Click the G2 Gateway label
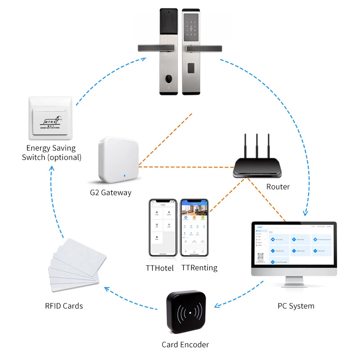(110, 193)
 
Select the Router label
(278, 186)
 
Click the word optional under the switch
(64, 157)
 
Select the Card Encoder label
(185, 345)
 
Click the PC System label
(296, 306)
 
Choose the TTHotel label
(161, 268)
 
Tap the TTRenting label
(199, 268)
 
